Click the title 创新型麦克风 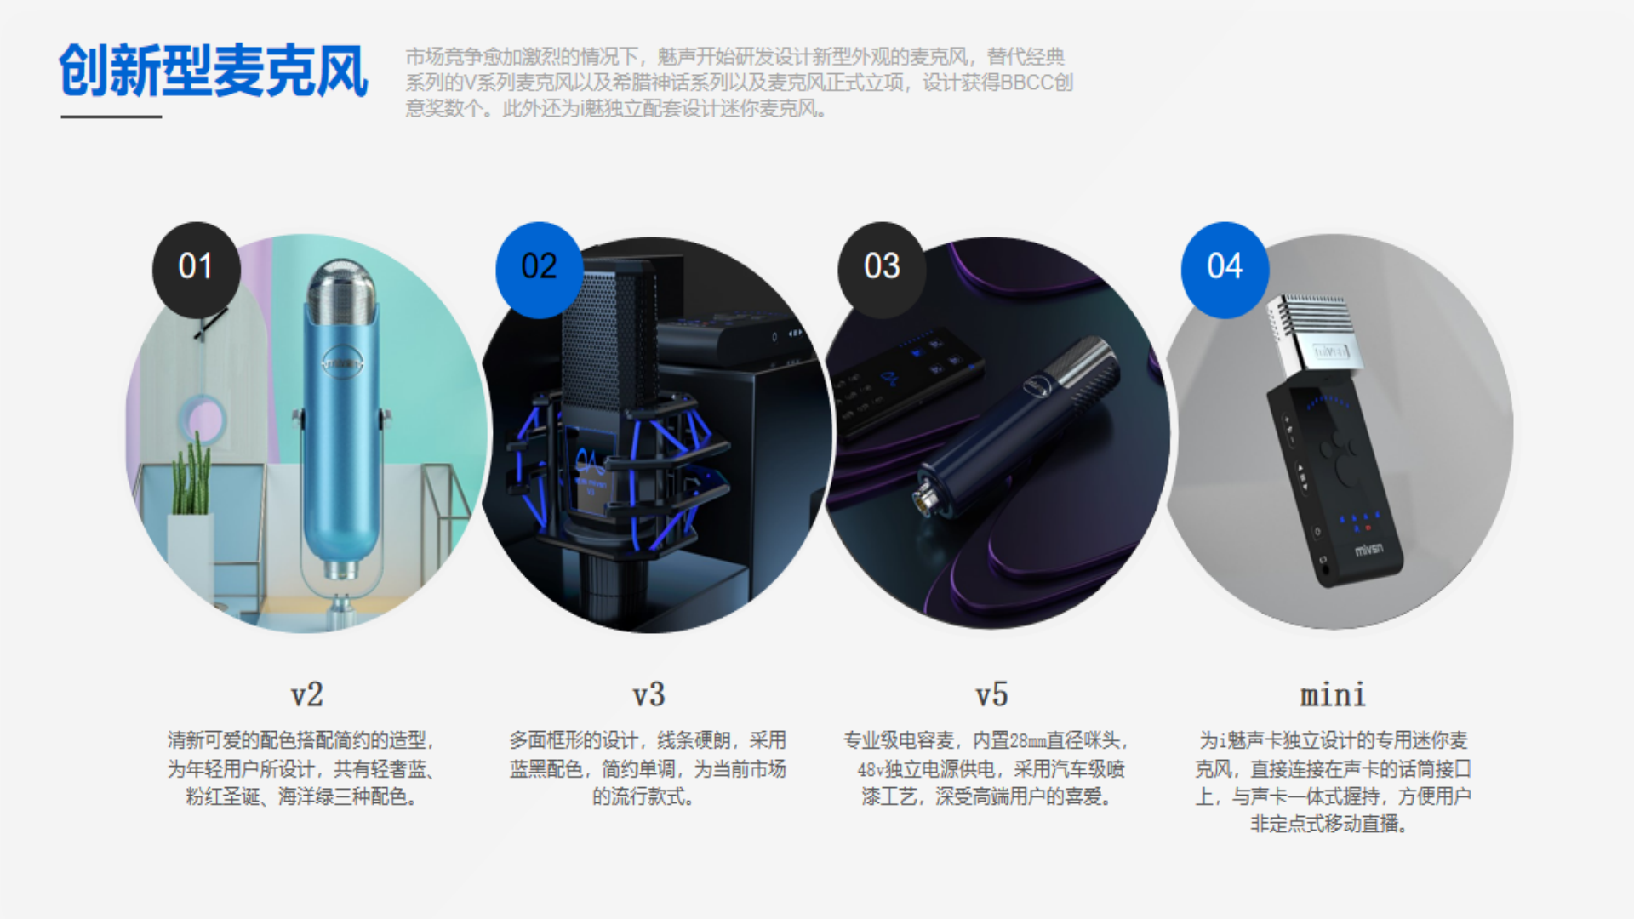click(x=213, y=71)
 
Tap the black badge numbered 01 click(x=196, y=267)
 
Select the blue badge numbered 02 click(x=539, y=267)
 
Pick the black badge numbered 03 click(x=882, y=267)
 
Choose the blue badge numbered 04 click(x=1225, y=267)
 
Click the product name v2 click(x=306, y=694)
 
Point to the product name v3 click(x=648, y=694)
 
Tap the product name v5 click(x=991, y=694)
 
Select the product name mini click(x=1333, y=695)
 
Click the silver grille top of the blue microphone click(x=341, y=289)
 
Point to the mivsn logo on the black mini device click(x=1368, y=550)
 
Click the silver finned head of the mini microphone click(x=1315, y=332)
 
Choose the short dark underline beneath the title click(x=111, y=117)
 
